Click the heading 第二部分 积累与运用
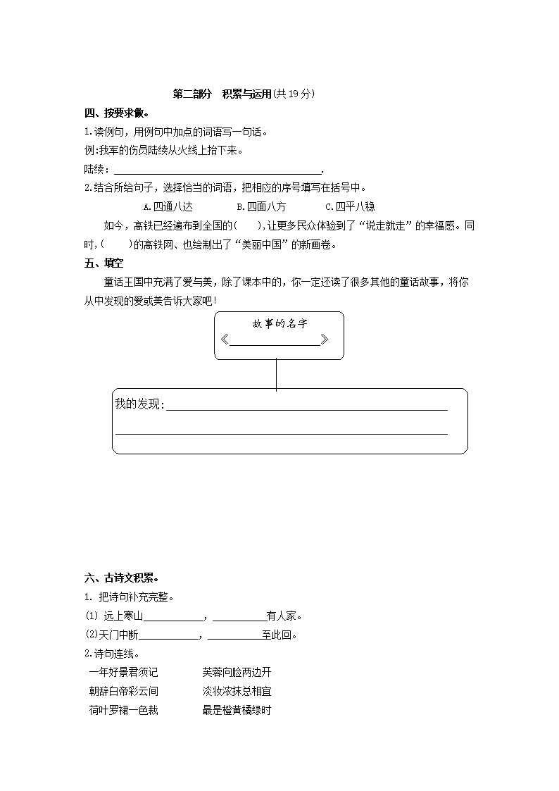point(222,94)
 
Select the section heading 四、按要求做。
point(117,113)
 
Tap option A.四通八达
point(167,207)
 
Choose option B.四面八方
point(261,207)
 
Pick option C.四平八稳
point(350,207)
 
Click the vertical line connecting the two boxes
point(276,374)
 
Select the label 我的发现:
point(139,404)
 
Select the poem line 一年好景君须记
point(124,673)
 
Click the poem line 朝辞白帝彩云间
point(124,692)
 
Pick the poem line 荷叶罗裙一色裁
point(124,711)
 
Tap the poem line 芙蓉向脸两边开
point(237,673)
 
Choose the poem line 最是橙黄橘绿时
point(237,711)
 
